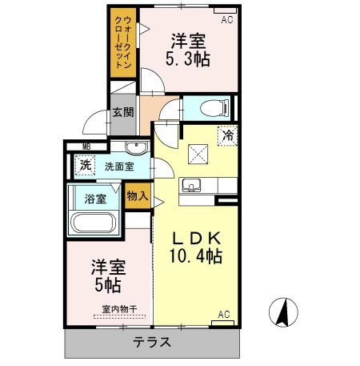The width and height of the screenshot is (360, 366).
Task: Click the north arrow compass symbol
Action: (x=283, y=312)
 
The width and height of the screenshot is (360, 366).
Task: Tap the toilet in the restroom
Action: (x=214, y=108)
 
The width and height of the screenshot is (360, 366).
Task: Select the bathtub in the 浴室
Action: (x=94, y=223)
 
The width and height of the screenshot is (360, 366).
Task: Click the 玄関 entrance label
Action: (x=123, y=112)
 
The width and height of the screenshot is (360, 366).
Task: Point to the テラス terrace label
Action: (x=152, y=342)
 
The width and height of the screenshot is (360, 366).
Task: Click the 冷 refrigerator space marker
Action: (x=228, y=135)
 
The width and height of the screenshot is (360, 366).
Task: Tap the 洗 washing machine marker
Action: (x=86, y=165)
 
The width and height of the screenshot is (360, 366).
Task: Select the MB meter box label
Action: (x=86, y=147)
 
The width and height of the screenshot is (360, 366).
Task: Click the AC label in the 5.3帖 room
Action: (x=227, y=19)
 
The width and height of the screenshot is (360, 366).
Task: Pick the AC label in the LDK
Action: (x=224, y=314)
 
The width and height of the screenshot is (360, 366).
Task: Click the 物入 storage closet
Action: (x=138, y=196)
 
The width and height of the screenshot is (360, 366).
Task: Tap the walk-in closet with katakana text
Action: (x=123, y=42)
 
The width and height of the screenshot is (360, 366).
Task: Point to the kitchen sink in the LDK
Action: (x=191, y=185)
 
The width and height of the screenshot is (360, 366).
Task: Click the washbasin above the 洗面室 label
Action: (x=137, y=147)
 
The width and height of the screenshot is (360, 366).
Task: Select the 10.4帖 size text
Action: (x=196, y=256)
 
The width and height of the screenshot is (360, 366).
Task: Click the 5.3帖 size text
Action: (x=188, y=58)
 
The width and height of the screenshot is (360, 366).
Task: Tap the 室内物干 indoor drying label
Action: (x=119, y=309)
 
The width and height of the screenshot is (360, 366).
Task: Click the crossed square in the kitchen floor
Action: (x=198, y=154)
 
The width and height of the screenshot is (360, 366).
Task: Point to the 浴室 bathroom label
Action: (x=95, y=199)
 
